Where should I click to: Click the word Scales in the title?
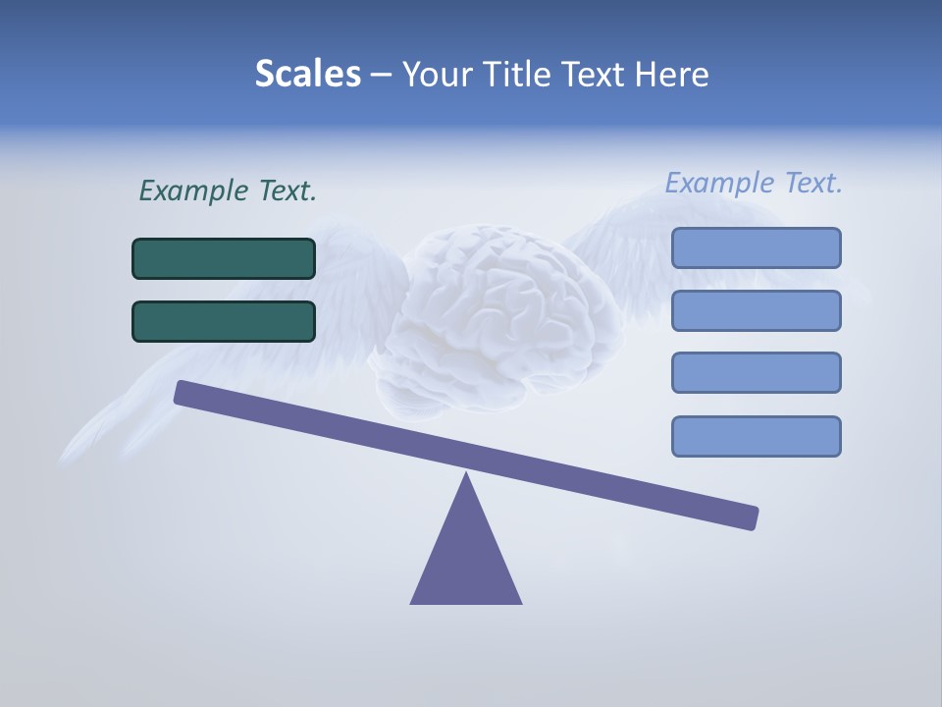point(307,74)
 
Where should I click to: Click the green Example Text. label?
point(228,190)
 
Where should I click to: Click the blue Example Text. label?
point(754,183)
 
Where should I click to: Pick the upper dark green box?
point(224,258)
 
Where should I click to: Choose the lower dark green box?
point(224,321)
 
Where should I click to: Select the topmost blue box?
point(756,247)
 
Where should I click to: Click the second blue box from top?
point(756,310)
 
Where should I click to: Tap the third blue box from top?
point(756,372)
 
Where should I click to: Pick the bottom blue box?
point(756,436)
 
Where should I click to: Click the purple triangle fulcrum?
point(466,560)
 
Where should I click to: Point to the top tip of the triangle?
point(466,475)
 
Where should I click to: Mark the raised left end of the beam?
point(183,392)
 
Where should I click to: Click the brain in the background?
point(500,314)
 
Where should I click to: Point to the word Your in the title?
point(438,74)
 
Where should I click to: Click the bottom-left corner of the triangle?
point(412,602)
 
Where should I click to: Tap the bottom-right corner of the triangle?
point(520,602)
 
